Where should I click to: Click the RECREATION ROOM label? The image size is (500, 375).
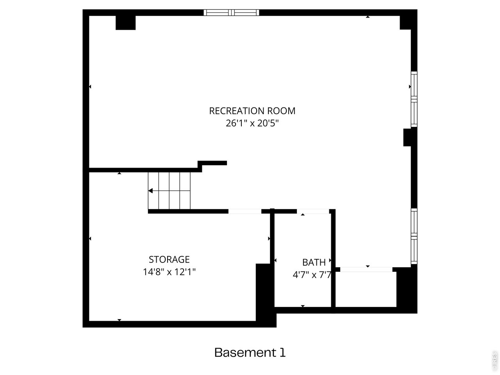pyautogui.click(x=252, y=111)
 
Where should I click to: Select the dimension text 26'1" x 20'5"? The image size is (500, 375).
pyautogui.click(x=252, y=123)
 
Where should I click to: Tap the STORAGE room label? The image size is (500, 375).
pyautogui.click(x=169, y=259)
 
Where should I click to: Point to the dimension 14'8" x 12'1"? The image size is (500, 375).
pyautogui.click(x=169, y=272)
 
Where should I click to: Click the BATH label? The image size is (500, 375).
pyautogui.click(x=314, y=262)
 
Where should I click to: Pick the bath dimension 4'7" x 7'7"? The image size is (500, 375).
pyautogui.click(x=312, y=275)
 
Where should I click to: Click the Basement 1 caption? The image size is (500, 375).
pyautogui.click(x=250, y=353)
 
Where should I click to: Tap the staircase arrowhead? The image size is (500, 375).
pyautogui.click(x=151, y=191)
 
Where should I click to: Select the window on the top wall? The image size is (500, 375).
pyautogui.click(x=231, y=12)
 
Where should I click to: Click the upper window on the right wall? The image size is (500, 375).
pyautogui.click(x=414, y=99)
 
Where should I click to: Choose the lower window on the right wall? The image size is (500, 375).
pyautogui.click(x=414, y=236)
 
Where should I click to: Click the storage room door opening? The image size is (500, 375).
pyautogui.click(x=245, y=211)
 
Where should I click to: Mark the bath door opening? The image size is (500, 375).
pyautogui.click(x=314, y=211)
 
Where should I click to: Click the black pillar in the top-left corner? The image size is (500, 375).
pyautogui.click(x=125, y=23)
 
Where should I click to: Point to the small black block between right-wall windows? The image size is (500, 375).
pyautogui.click(x=407, y=138)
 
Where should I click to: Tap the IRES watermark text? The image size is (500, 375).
pyautogui.click(x=495, y=361)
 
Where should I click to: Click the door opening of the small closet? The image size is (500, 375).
pyautogui.click(x=366, y=269)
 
